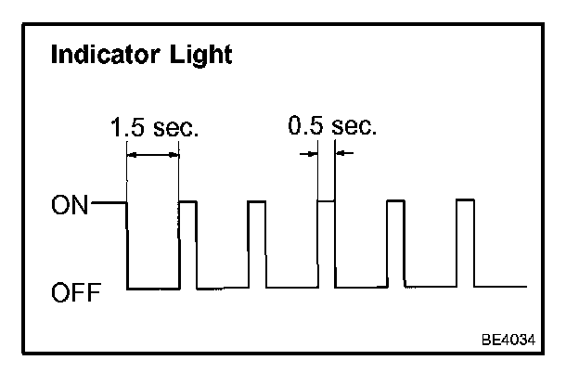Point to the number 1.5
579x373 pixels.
[127, 127]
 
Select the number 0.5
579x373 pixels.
[304, 124]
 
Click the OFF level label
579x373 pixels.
[71, 293]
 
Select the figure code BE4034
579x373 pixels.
[508, 340]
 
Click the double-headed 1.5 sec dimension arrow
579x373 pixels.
[152, 154]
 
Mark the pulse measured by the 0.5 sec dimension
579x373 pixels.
[326, 200]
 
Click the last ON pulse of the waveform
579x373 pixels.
[466, 200]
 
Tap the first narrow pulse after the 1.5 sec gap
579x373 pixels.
[187, 201]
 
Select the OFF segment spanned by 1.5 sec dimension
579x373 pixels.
[152, 289]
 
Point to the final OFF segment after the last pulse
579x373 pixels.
[501, 287]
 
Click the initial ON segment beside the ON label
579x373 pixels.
[109, 201]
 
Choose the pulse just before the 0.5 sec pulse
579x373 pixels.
[256, 201]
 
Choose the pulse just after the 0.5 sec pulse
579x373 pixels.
[395, 201]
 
